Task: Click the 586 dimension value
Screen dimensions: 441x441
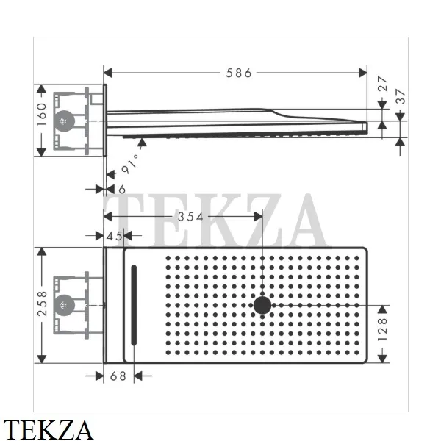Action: pos(239,73)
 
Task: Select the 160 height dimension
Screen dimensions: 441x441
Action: pos(42,115)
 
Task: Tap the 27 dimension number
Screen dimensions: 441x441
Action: pos(382,84)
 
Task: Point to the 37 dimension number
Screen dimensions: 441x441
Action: pos(401,96)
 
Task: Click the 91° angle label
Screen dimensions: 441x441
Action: pos(130,164)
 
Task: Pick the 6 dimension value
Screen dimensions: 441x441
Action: pos(122,190)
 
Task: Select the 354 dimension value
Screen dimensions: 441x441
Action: pos(190,217)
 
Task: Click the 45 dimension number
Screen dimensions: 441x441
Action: pos(114,236)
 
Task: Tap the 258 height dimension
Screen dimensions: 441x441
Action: pos(42,304)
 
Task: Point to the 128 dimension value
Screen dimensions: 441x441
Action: pos(382,329)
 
